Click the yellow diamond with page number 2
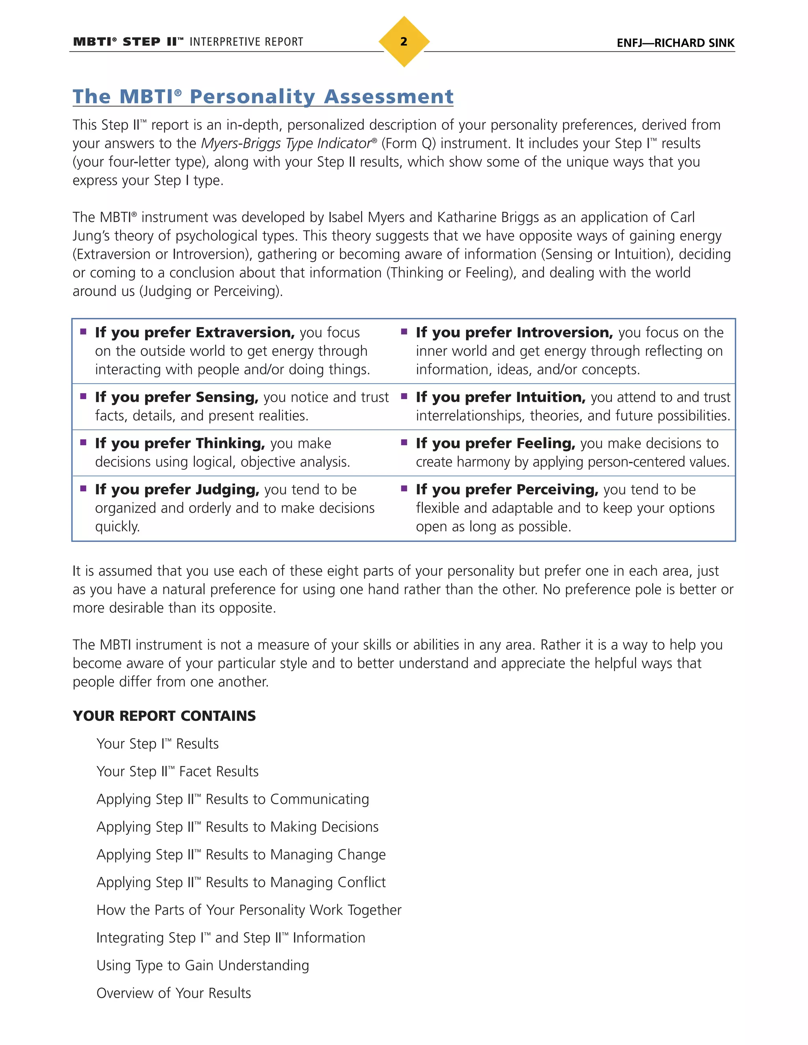(404, 42)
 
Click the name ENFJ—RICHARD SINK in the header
(675, 43)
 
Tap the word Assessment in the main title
(388, 97)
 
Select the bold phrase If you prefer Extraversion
(195, 332)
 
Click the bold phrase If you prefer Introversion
(514, 332)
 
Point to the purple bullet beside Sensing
(83, 396)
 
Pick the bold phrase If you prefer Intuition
(500, 397)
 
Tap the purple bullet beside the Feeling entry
(404, 442)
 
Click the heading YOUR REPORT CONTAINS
(164, 716)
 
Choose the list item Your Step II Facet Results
(177, 771)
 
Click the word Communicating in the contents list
(319, 799)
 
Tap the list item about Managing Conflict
(241, 882)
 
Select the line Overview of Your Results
(173, 993)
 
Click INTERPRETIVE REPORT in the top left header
(246, 42)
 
